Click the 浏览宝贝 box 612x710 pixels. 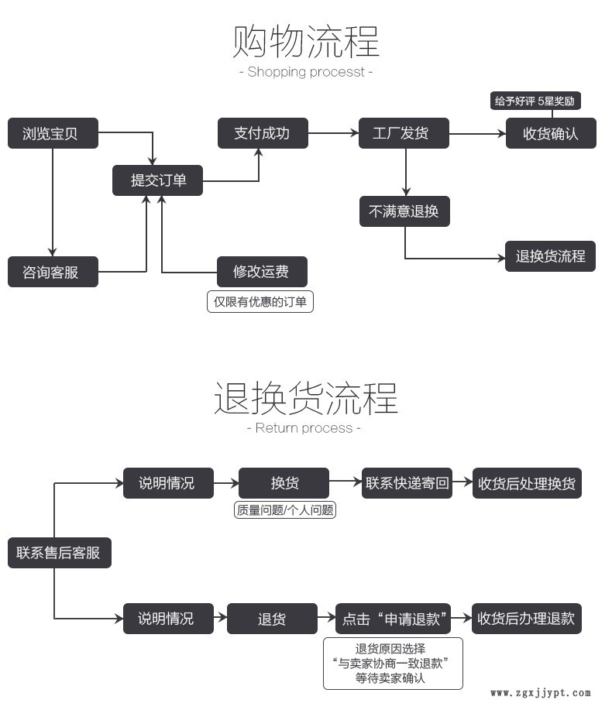point(53,133)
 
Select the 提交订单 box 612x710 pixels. point(158,180)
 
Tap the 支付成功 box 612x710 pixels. point(262,133)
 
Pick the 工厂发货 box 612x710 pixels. point(405,133)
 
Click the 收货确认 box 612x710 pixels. point(551,133)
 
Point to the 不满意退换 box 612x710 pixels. point(404,211)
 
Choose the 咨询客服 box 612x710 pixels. point(53,272)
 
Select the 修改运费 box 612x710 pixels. point(262,272)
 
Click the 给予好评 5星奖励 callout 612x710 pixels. point(536,101)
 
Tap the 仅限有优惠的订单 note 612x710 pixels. point(260,301)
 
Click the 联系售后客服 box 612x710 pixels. point(59,553)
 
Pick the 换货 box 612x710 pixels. point(284,483)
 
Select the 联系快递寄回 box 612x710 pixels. point(407,483)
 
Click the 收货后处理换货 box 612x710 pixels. point(527,483)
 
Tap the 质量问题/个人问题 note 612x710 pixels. point(284,510)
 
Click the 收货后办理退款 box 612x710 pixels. point(526,619)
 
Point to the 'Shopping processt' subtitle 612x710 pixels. point(306,72)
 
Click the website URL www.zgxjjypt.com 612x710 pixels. point(540,693)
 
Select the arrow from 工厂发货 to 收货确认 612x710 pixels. point(477,133)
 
